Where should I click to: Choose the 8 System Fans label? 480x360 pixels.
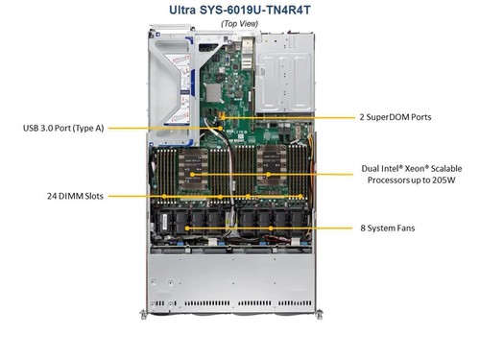coord(387,228)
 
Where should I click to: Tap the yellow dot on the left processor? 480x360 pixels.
coord(192,174)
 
